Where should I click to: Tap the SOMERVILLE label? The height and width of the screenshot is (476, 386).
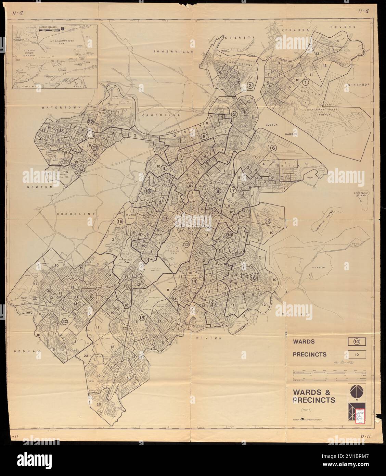coord(168,51)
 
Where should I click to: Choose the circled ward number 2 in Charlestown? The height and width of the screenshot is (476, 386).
coord(250,86)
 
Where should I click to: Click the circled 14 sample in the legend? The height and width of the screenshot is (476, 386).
coord(357,341)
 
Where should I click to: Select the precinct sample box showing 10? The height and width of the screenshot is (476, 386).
coord(357,354)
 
